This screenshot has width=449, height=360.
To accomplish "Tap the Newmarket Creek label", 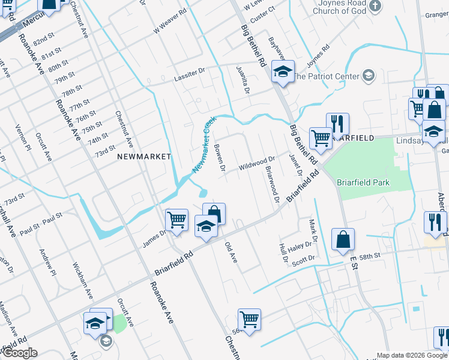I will [204, 145].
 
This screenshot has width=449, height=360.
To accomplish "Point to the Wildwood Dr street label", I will [257, 163].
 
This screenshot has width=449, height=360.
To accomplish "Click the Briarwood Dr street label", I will [272, 185].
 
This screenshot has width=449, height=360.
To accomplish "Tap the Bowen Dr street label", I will [219, 158].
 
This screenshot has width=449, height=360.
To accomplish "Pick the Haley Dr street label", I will [301, 245].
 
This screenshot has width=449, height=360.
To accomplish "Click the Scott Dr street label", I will [303, 259].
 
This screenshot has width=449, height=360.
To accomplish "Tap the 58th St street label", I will [370, 256].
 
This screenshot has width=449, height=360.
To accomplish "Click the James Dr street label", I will [154, 238].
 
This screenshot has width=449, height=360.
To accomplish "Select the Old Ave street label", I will [231, 252].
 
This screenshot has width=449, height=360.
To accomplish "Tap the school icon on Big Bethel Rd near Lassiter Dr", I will [282, 72].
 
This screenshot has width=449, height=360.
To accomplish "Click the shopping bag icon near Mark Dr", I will [343, 239].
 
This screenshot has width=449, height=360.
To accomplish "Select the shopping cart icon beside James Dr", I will [176, 220].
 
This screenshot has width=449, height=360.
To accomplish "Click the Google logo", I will [19, 353].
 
